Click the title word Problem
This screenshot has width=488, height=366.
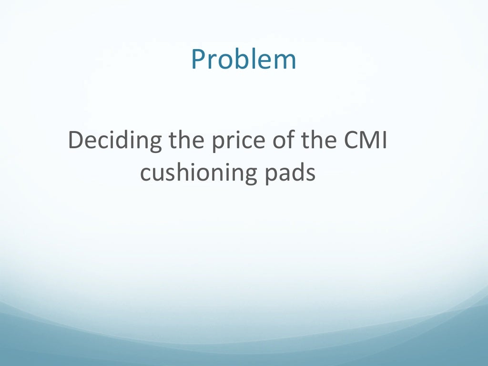coord(244,60)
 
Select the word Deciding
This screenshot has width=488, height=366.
coord(114,142)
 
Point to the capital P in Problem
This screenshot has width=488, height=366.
coord(198,60)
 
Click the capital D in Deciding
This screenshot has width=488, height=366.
coord(77,142)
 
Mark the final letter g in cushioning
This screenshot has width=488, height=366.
coord(248,175)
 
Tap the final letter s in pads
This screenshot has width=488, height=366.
coord(311,174)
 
